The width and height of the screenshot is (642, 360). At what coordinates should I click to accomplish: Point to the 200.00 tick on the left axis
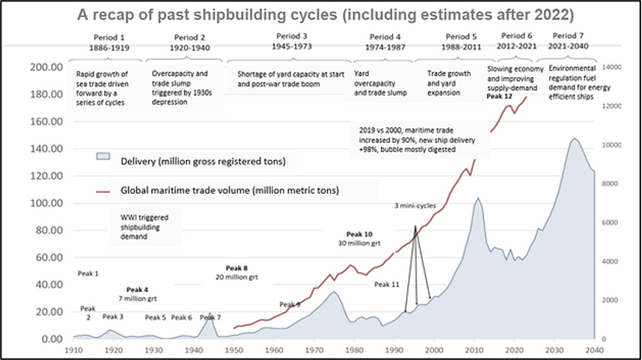click(x=46, y=67)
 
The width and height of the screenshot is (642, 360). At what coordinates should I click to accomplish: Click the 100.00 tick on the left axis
click(x=46, y=203)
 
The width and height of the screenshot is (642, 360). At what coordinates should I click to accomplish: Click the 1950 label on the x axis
click(x=234, y=350)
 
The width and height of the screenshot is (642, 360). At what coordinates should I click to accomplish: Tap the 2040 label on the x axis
click(x=596, y=350)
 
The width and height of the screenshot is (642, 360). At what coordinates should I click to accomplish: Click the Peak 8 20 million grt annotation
click(x=236, y=272)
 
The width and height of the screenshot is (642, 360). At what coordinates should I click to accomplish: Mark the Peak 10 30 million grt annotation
click(x=358, y=238)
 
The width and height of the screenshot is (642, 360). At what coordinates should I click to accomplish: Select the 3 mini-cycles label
click(x=417, y=205)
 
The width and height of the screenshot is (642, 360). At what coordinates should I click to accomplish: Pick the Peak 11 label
click(x=387, y=284)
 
